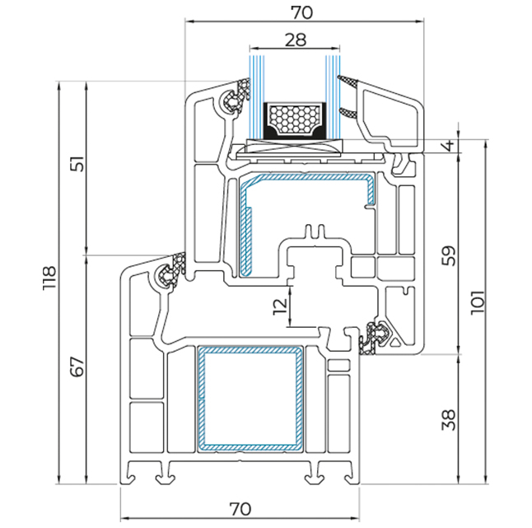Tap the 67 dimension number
point(77,366)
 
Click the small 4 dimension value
point(471,147)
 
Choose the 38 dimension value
point(471,420)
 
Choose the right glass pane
point(333,91)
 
